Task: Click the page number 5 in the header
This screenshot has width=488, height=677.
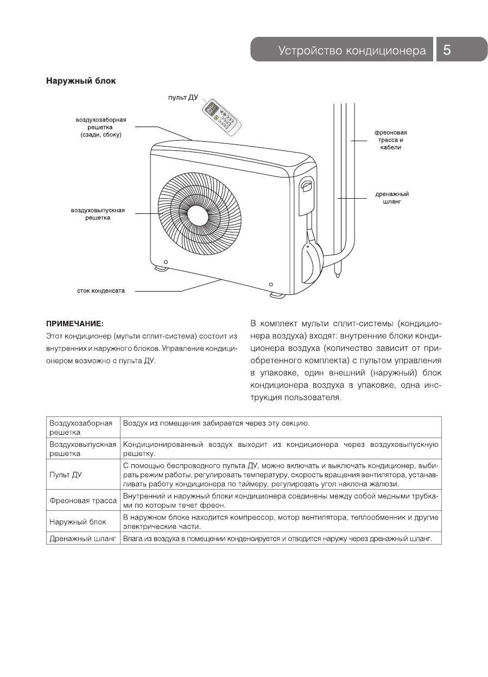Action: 447,50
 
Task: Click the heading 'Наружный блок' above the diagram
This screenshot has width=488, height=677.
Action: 81,81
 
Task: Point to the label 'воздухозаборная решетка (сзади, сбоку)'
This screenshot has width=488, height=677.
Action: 101,126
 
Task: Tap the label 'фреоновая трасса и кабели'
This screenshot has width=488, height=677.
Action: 390,140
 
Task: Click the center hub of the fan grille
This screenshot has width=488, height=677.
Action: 197,212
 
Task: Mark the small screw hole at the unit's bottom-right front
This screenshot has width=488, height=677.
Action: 271,284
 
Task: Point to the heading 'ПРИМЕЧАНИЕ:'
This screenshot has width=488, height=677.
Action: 74,324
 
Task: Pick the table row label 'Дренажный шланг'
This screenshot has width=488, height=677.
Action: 83,539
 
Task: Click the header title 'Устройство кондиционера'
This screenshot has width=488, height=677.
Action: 352,50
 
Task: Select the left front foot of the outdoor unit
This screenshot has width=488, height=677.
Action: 161,268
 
